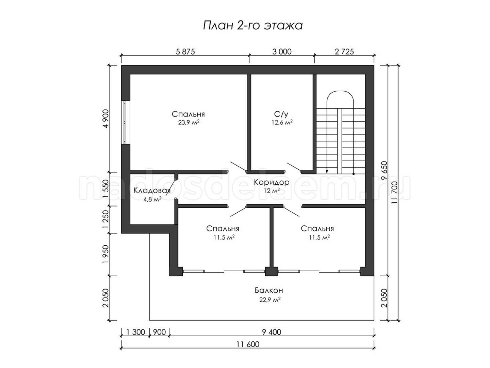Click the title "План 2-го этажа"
[x=253, y=26]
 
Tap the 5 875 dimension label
[x=185, y=51]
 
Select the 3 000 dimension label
[x=282, y=51]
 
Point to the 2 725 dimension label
[x=344, y=51]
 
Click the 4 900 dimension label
[x=106, y=119]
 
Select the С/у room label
[x=281, y=114]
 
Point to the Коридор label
[x=272, y=182]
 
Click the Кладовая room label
[x=152, y=190]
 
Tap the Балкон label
[x=269, y=290]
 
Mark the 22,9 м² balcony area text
[x=270, y=300]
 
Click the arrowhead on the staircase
[x=327, y=171]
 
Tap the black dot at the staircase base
[x=354, y=174]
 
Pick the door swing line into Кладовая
[x=171, y=188]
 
